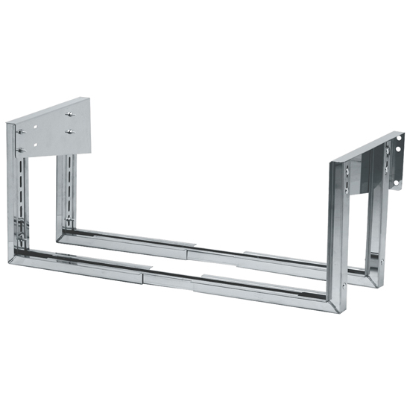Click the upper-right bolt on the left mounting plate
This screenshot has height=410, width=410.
[x=69, y=114]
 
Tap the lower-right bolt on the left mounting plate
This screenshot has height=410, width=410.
[x=69, y=132]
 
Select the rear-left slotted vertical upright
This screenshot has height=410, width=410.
[x=69, y=190]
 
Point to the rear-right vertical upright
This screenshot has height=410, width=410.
[x=373, y=224]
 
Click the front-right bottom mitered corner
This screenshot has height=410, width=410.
[x=333, y=302]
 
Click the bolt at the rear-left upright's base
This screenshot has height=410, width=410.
[x=68, y=222]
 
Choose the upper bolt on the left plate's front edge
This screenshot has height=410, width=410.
[x=21, y=132]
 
